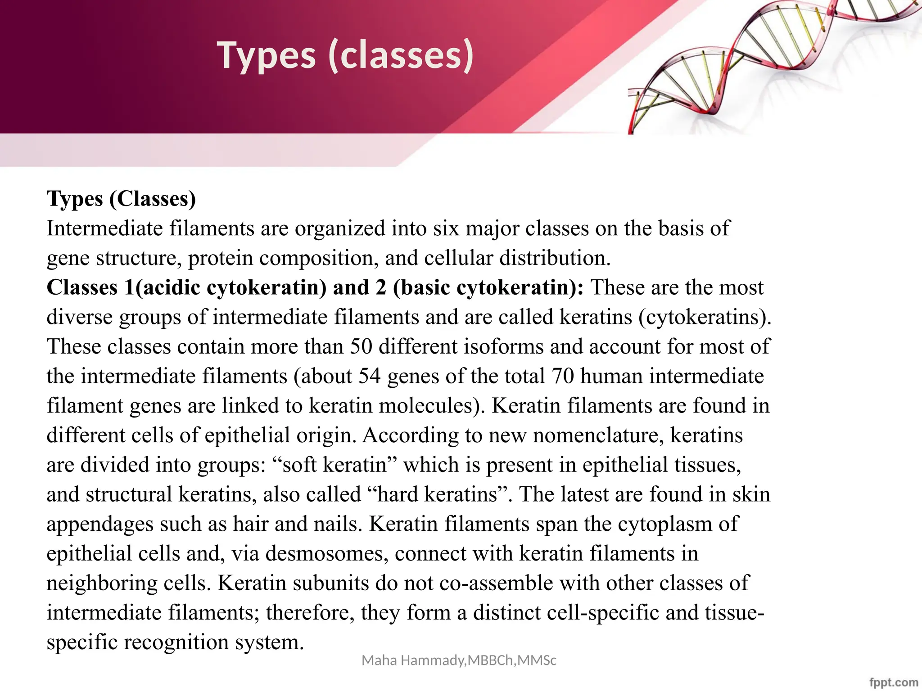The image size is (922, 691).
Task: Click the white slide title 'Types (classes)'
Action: (x=345, y=55)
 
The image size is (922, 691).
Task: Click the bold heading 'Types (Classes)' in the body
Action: (x=122, y=199)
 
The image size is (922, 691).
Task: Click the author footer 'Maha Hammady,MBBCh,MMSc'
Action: (x=459, y=660)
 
